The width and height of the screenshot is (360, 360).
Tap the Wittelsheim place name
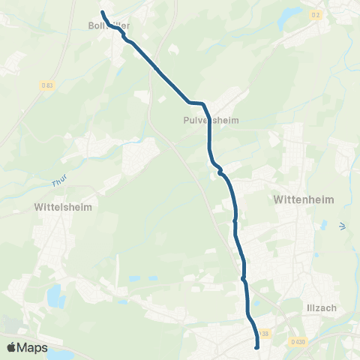pos(62,205)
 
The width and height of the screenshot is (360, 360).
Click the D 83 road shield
pos(47,85)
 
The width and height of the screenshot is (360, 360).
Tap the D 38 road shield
pos(262,333)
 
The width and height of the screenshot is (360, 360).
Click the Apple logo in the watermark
pos(11,347)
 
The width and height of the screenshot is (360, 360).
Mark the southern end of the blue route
pos(257,346)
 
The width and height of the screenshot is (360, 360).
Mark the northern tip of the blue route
pos(103,12)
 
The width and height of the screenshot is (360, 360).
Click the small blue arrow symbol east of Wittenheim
pos(343,225)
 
